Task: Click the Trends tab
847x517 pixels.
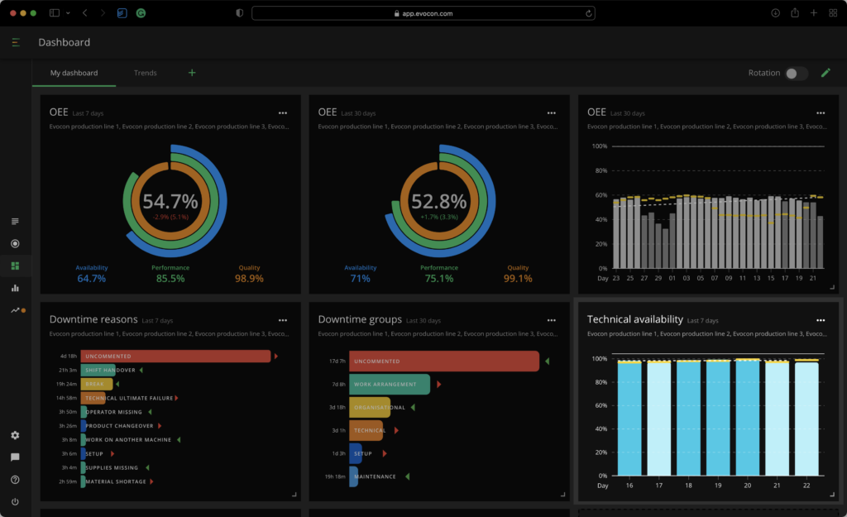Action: click(x=146, y=73)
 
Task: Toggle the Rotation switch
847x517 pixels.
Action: click(x=796, y=74)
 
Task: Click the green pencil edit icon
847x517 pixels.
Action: click(x=825, y=73)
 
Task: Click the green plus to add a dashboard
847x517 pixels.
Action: click(x=192, y=73)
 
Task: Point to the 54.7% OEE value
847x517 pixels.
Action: click(x=170, y=201)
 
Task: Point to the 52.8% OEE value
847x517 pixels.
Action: click(x=438, y=201)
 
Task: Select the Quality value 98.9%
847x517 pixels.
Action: click(x=249, y=279)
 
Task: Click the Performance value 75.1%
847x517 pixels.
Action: click(x=438, y=279)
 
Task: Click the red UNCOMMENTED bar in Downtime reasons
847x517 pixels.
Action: click(x=175, y=356)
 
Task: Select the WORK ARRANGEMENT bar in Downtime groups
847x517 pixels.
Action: click(x=390, y=384)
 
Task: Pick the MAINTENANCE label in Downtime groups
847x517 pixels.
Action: click(x=375, y=476)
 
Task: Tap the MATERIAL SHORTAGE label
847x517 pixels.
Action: click(x=116, y=481)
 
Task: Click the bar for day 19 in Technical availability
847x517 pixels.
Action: click(x=718, y=418)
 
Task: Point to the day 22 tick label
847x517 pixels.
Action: click(x=806, y=486)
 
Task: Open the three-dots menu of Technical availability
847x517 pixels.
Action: click(x=821, y=320)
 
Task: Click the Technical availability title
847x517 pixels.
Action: click(x=634, y=319)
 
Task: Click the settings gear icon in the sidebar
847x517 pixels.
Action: click(x=15, y=435)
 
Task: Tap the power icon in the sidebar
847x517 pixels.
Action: click(x=15, y=501)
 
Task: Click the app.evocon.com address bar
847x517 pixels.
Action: click(x=423, y=12)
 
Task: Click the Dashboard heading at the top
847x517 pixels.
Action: click(x=64, y=42)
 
